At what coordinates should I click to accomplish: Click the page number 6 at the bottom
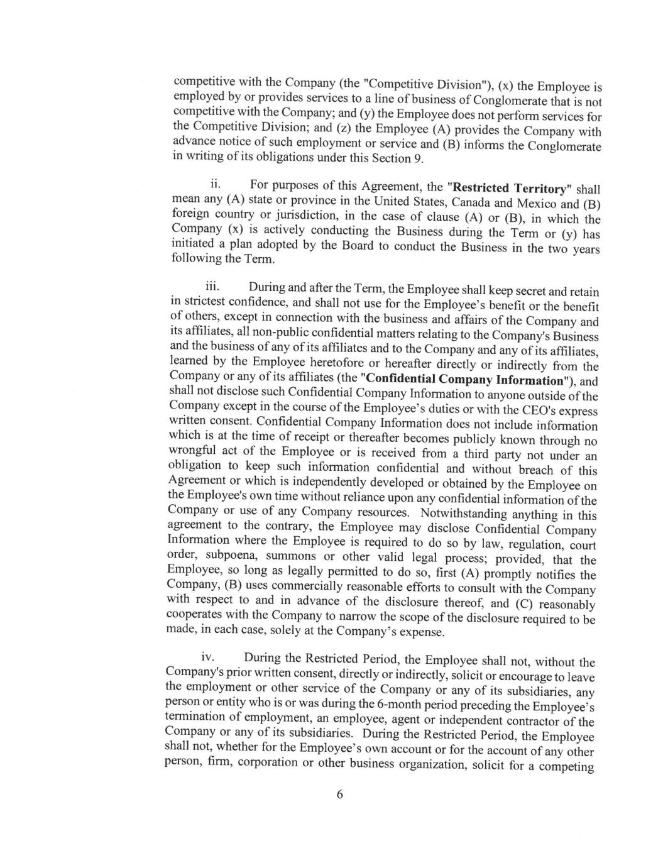pyautogui.click(x=340, y=794)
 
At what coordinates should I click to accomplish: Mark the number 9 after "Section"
pyautogui.click(x=417, y=158)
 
